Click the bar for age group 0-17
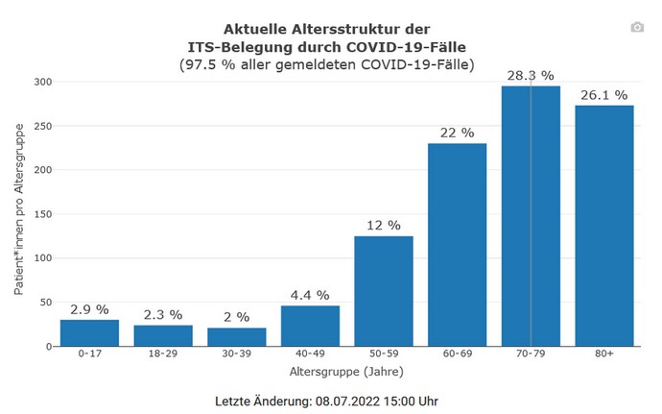point(89,332)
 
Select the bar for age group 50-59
point(384,290)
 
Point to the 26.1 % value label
point(604,94)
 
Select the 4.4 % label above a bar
point(310,295)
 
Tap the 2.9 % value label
point(89,308)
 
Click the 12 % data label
point(384,225)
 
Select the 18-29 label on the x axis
point(163,353)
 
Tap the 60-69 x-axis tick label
point(457,353)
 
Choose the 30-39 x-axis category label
point(236,353)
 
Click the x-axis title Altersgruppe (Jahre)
point(346,371)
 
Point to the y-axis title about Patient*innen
point(18,213)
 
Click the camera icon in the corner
point(637,28)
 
